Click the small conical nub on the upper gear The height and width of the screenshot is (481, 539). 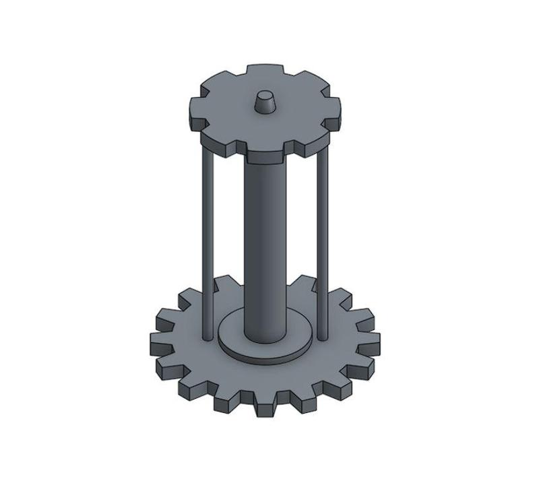(x=265, y=103)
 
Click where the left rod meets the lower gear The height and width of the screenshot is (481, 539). (x=206, y=334)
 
